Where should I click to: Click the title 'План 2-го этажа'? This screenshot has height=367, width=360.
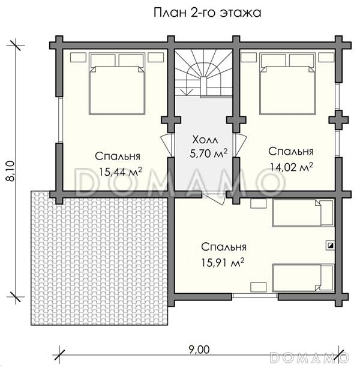[207, 13]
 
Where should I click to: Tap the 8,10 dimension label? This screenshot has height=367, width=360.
[10, 171]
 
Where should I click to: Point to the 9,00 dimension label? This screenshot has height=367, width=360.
[199, 350]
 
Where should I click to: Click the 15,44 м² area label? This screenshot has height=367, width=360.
[121, 172]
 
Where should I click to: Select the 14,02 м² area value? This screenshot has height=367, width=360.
[292, 167]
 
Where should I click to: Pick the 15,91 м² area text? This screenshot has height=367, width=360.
[223, 263]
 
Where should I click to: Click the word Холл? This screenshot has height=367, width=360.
[205, 140]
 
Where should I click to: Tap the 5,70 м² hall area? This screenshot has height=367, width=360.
[208, 154]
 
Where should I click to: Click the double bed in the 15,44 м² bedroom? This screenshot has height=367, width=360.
[117, 83]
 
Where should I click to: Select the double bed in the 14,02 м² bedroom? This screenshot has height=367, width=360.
[287, 83]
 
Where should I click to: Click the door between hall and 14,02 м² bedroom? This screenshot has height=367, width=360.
[239, 145]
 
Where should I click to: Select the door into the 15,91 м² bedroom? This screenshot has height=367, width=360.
[214, 198]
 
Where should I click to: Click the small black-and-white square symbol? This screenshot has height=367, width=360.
[331, 245]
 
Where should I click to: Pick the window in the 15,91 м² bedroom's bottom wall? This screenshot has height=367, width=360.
[255, 296]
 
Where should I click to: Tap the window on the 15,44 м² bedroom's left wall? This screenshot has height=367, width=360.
[61, 119]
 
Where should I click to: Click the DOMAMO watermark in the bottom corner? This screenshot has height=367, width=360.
[310, 357]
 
